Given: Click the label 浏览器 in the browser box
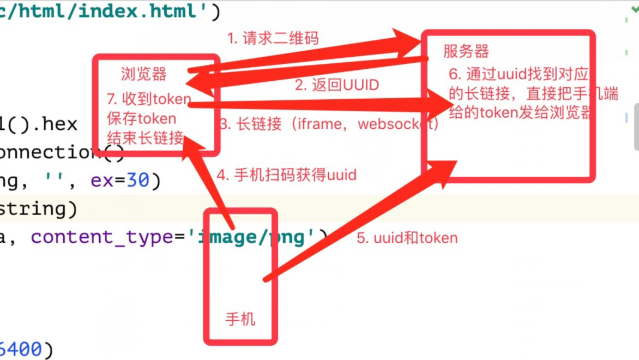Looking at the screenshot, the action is coord(144,74).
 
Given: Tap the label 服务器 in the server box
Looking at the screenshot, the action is coord(466,52).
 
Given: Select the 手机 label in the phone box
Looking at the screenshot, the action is coord(240,319).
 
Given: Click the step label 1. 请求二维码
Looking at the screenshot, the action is coord(273,38).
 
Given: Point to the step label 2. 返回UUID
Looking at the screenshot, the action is coord(337,85).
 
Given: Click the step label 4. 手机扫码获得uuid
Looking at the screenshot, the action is coord(286,175).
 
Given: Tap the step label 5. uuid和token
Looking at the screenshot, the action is coord(407,238).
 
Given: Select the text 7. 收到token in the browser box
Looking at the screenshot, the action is coord(149,99).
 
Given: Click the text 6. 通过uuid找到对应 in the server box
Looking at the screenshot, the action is coord(518,74).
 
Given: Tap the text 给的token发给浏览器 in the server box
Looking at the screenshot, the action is coord(520,113).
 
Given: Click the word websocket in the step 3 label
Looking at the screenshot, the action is coord(397,124).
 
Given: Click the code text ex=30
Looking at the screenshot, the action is coord(125,180).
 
